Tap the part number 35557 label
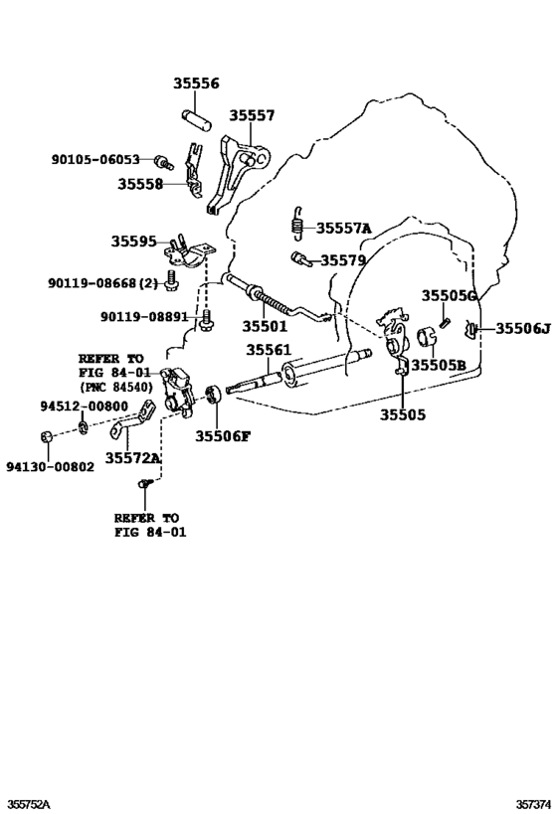tap(252, 116)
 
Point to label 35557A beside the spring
tap(343, 229)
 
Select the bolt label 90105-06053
tap(96, 159)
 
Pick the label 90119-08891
tap(143, 317)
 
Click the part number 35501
tap(265, 326)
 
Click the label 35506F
tap(223, 435)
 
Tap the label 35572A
tap(133, 458)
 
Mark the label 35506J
tap(522, 329)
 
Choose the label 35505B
tap(439, 365)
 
